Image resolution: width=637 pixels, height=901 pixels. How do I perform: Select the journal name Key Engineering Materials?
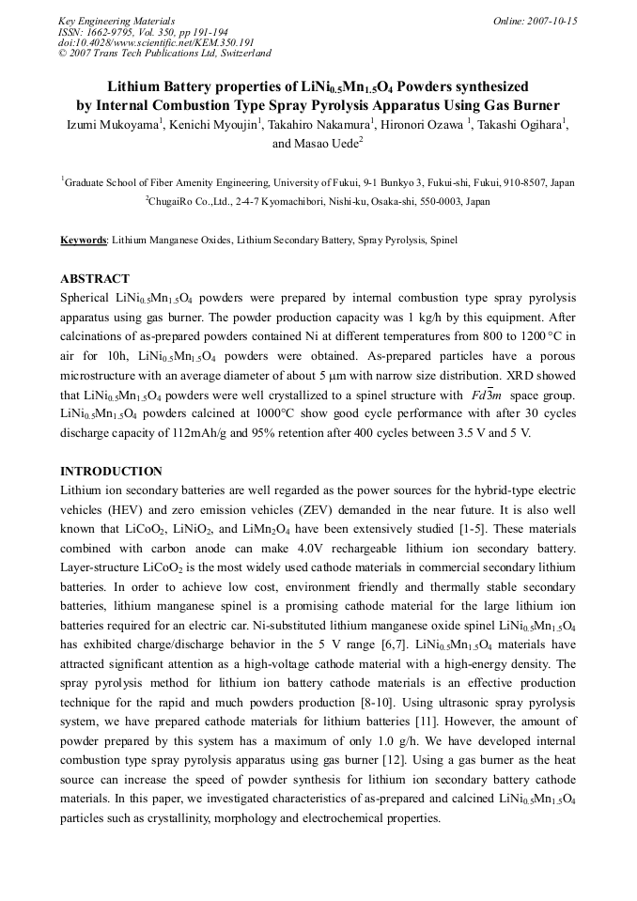coord(117,21)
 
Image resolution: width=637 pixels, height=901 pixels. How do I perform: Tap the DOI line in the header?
coord(156,43)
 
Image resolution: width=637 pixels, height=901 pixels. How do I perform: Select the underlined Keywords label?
coord(84,241)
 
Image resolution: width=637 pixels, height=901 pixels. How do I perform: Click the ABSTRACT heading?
coord(95,279)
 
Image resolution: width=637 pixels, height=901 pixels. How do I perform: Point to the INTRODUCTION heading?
coord(111,471)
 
